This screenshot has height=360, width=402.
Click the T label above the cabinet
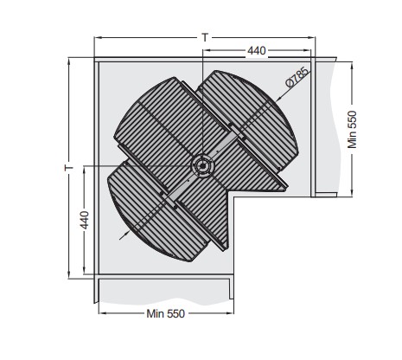coord(204,37)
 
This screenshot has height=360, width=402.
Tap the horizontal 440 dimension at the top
coord(256,52)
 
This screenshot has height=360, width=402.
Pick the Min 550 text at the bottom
coord(164,312)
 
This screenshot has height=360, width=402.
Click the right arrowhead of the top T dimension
coord(310,38)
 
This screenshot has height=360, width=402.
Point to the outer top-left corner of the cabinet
coord(95,59)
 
